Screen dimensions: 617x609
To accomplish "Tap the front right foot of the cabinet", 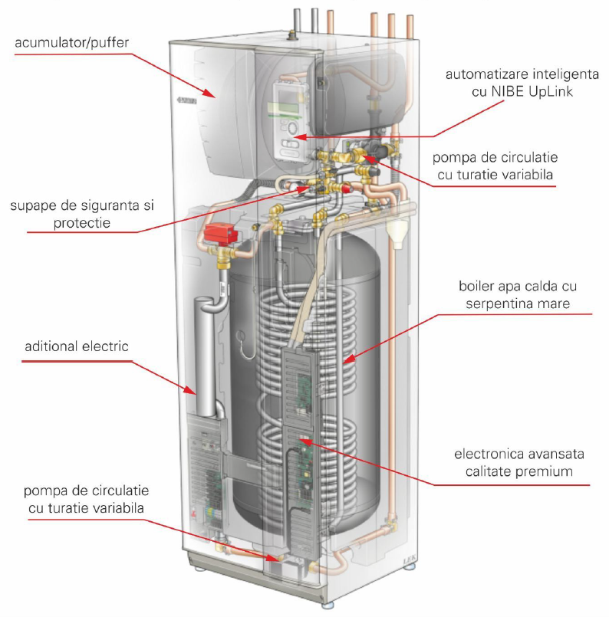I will pyautogui.click(x=411, y=569).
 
